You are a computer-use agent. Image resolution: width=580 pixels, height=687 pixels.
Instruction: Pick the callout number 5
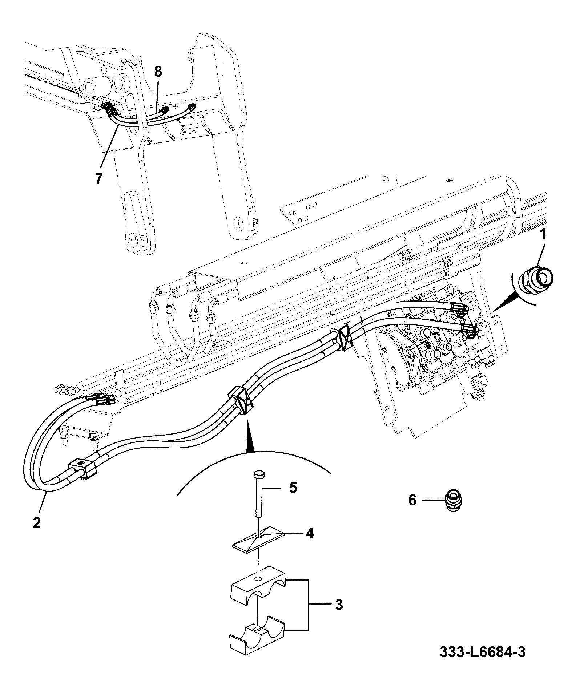tap(293, 487)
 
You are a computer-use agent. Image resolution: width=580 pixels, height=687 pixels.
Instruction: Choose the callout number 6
tap(412, 500)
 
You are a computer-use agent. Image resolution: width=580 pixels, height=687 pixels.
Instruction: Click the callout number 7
tap(99, 178)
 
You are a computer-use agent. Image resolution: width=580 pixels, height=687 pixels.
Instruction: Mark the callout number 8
tap(158, 72)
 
